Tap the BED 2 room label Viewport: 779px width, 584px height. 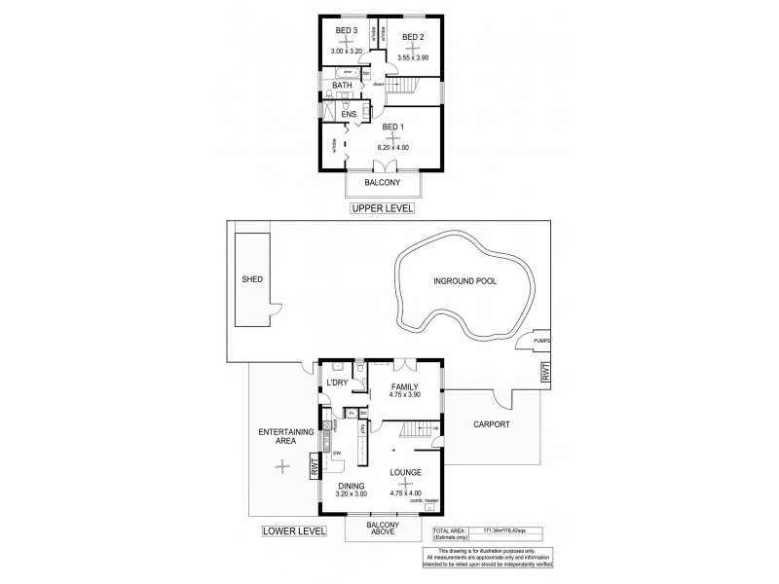[413, 37]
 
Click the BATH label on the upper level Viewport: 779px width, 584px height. [342, 86]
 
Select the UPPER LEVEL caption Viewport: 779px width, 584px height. [384, 208]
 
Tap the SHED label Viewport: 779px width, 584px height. [252, 279]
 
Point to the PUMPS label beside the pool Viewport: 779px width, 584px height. [542, 341]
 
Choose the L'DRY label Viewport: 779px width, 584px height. [337, 383]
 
